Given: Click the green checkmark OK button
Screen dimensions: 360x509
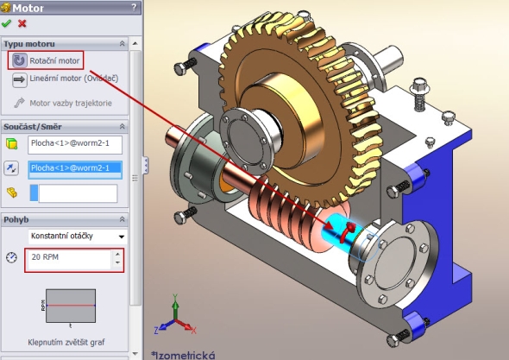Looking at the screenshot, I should coord(7,24).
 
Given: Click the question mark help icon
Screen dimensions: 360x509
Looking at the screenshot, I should coord(134,8).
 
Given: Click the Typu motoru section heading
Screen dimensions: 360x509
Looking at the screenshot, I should coord(29,43).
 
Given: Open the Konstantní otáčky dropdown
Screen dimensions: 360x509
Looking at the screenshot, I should coord(77,236).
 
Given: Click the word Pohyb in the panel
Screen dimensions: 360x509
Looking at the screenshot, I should coord(16,218).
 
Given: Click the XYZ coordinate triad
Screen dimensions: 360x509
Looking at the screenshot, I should coord(172,318).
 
